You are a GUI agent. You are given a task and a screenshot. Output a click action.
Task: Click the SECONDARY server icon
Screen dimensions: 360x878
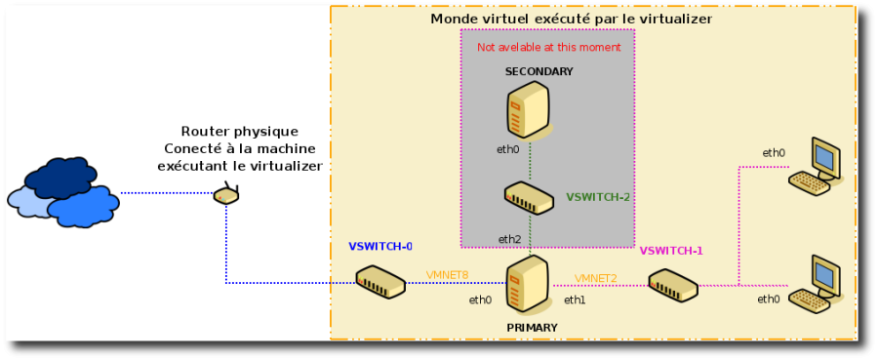click(528, 110)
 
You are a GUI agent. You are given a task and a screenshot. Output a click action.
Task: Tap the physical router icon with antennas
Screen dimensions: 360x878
click(226, 194)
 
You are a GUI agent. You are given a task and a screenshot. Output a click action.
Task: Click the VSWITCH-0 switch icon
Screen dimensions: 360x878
click(379, 282)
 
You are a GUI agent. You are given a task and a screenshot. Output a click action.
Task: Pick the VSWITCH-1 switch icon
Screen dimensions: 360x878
click(673, 285)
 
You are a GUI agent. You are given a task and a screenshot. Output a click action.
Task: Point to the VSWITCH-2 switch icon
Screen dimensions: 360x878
click(529, 198)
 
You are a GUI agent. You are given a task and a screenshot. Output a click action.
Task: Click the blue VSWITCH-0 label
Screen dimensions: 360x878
click(380, 247)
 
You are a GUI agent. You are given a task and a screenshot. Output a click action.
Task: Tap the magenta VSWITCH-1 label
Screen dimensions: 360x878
click(671, 251)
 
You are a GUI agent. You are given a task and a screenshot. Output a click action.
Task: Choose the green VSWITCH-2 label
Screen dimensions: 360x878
click(598, 197)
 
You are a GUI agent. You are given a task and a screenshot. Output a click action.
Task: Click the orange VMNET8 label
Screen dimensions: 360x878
click(447, 275)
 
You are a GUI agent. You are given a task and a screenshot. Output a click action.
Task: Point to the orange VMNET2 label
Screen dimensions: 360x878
click(595, 278)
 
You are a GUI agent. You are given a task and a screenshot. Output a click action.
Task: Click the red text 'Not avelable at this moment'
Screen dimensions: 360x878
click(548, 48)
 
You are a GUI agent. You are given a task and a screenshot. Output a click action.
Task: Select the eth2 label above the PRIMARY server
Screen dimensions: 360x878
click(509, 239)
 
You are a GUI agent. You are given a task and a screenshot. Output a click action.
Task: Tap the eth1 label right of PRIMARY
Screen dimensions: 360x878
click(575, 300)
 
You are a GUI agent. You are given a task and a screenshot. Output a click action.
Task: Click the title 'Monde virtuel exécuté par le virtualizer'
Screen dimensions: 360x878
click(571, 19)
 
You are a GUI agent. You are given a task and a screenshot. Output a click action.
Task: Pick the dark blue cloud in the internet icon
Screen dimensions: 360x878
click(60, 177)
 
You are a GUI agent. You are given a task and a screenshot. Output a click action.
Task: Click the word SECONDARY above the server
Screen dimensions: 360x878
click(539, 72)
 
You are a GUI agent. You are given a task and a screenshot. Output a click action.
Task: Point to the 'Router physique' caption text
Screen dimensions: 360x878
click(240, 132)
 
